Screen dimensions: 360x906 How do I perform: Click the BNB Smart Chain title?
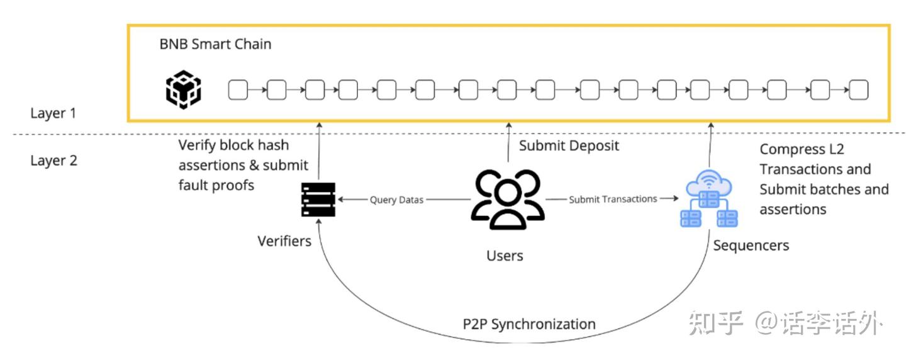[215, 45]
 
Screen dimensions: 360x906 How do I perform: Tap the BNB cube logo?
[183, 90]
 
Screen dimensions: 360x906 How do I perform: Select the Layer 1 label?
[53, 113]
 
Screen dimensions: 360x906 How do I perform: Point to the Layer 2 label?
[53, 160]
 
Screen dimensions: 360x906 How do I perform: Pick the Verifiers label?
[284, 241]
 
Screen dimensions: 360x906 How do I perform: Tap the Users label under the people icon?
[505, 256]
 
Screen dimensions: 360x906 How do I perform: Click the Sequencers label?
[751, 245]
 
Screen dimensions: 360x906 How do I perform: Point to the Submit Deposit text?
[569, 146]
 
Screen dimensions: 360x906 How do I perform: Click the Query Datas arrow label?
[396, 200]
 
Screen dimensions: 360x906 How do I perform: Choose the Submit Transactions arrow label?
[613, 199]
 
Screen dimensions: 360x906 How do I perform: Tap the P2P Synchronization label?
[528, 324]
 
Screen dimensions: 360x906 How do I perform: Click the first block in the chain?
[237, 91]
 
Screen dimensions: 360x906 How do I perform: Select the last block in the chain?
[858, 91]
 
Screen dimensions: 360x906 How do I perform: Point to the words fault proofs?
[216, 185]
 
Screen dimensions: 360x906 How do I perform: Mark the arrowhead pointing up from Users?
[508, 125]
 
